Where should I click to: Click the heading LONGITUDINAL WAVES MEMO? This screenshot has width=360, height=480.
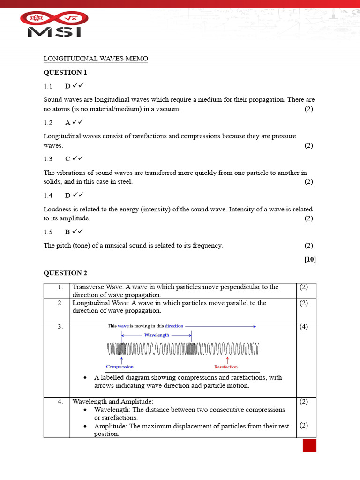coord(96,59)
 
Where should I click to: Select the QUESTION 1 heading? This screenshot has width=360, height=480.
coord(65,72)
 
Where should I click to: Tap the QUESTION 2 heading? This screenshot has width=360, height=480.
coord(65,273)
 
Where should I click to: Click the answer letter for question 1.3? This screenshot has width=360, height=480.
coord(68,159)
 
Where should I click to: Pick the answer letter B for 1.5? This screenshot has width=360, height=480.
coord(68,232)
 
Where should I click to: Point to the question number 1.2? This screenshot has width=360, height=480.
coord(48,122)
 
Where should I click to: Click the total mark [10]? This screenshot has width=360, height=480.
coord(310,259)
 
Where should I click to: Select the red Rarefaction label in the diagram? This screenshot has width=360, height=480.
coord(226,367)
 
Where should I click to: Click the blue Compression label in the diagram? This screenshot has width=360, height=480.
coord(120,367)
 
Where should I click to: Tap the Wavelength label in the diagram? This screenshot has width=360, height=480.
coord(157,335)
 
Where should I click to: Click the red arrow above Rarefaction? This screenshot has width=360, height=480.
coord(226,359)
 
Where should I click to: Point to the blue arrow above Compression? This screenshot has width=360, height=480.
coord(122,359)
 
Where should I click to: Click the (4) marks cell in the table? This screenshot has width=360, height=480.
coord(304,327)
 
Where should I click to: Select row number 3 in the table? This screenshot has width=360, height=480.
coord(60,327)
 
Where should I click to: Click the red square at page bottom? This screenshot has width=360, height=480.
coord(309,445)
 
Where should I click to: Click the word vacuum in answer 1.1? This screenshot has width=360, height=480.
coord(168,109)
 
